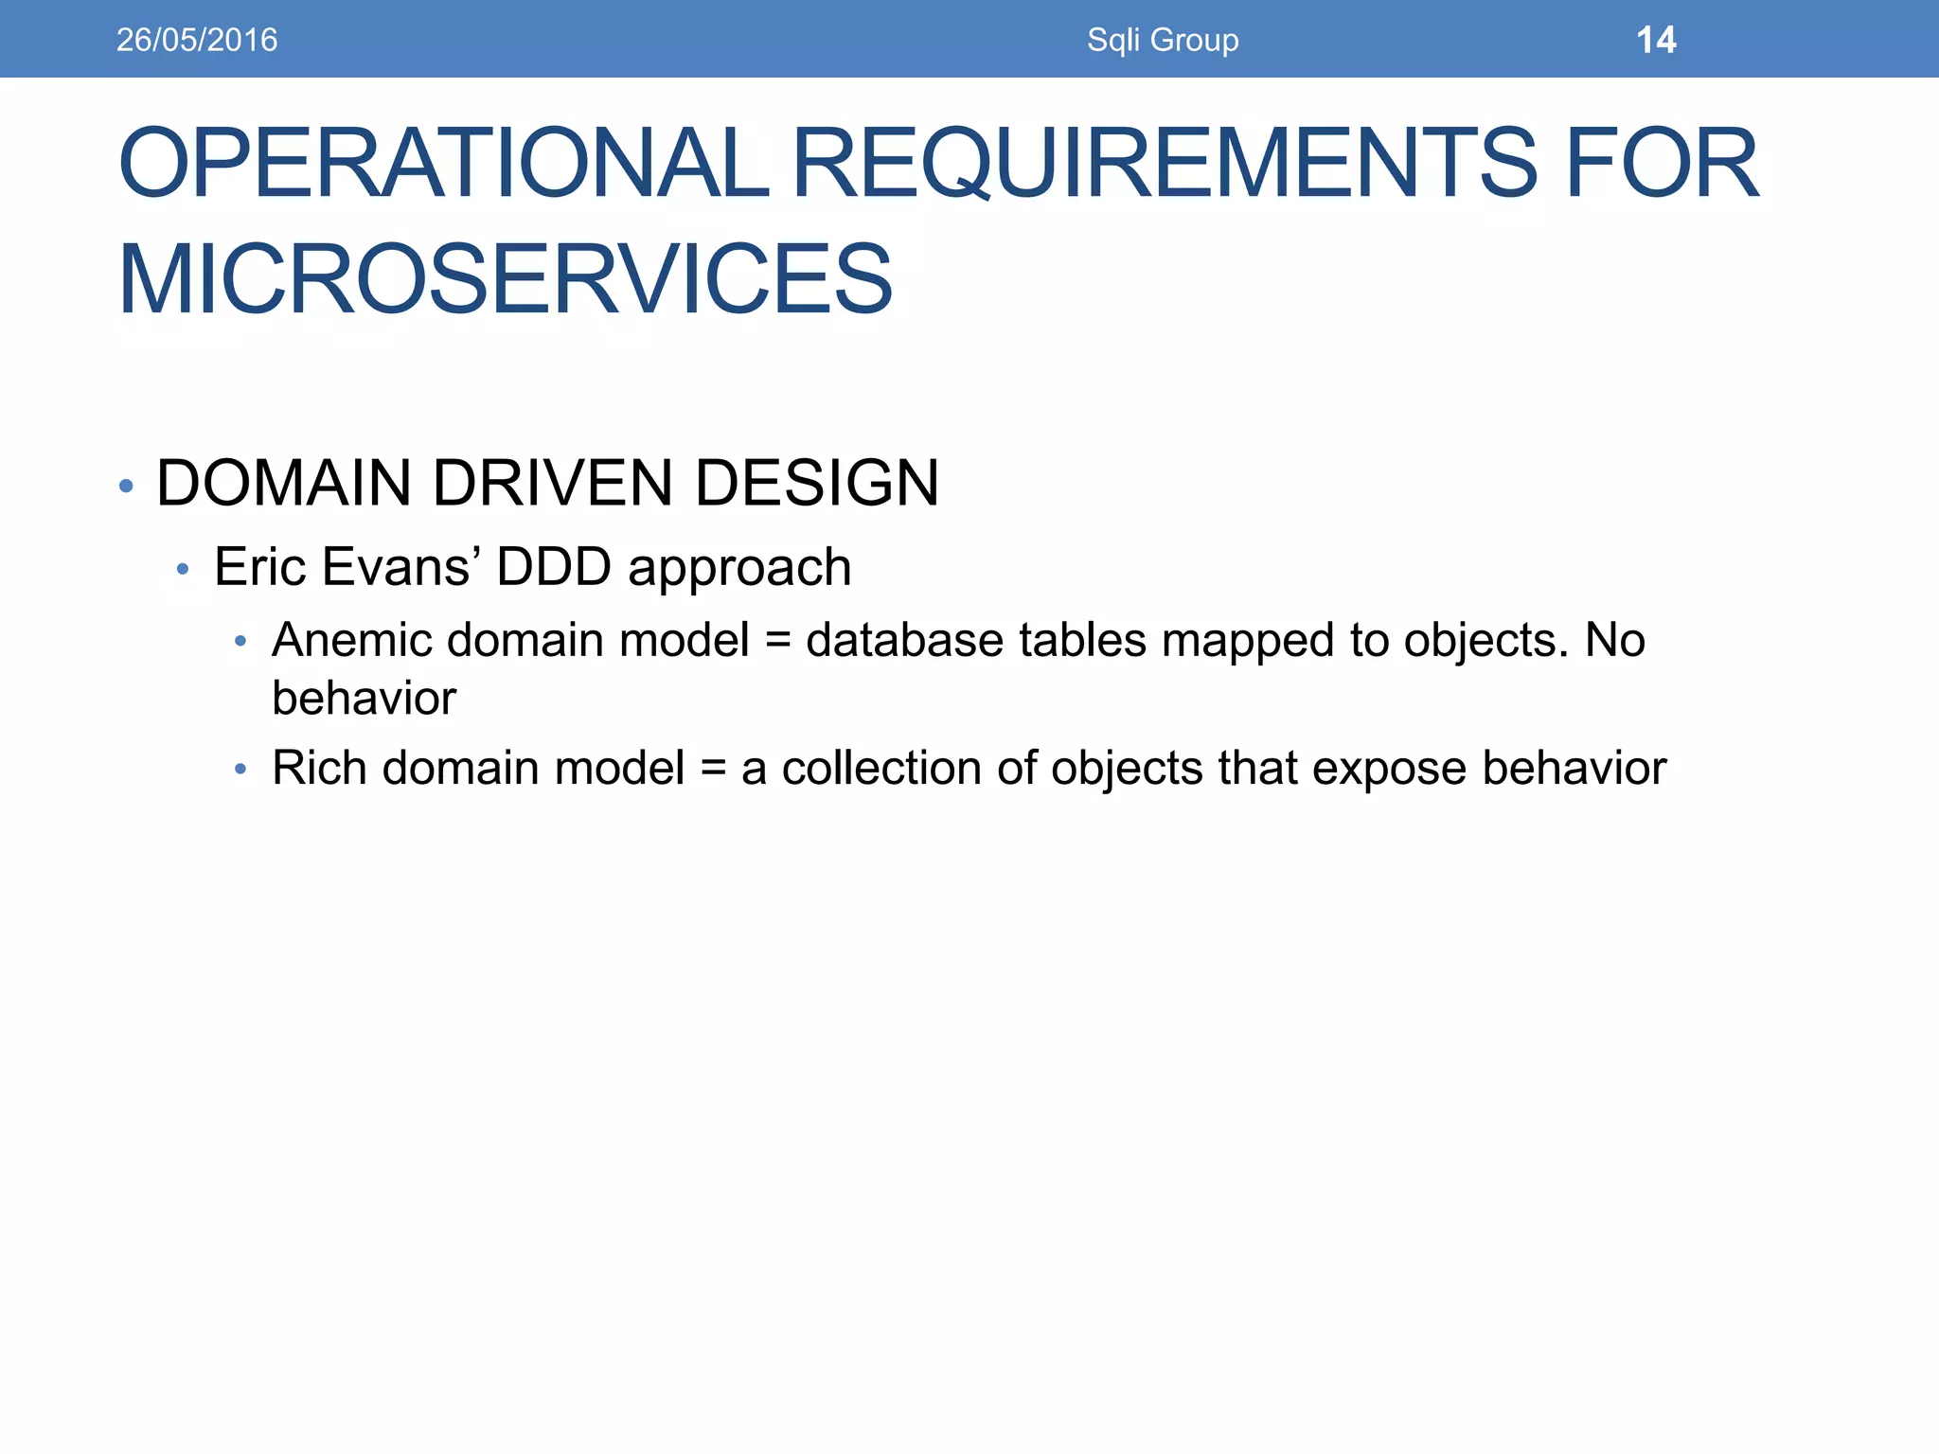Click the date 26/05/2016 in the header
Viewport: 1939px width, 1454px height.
(x=197, y=40)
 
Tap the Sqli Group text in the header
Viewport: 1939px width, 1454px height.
(x=1162, y=40)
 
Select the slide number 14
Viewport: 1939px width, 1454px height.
(x=1655, y=40)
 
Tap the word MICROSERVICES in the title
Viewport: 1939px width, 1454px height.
(x=505, y=279)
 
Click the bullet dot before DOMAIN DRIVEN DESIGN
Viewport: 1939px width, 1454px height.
(x=127, y=487)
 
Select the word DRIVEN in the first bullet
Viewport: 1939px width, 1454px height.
(x=552, y=484)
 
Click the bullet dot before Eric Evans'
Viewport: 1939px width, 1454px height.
(x=184, y=569)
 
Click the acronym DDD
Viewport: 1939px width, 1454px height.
(x=554, y=567)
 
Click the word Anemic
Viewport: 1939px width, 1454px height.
(x=351, y=640)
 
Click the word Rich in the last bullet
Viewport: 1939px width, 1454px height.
(x=319, y=768)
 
